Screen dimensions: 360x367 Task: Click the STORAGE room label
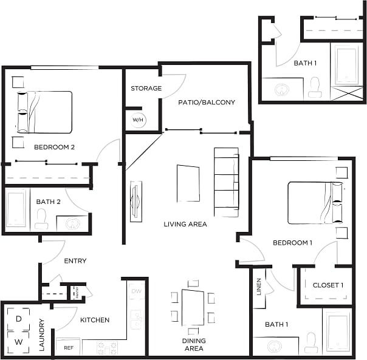[146, 89]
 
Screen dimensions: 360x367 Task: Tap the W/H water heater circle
[138, 120]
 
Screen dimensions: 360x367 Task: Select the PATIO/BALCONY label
[207, 103]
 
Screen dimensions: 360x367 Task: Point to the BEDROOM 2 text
[54, 147]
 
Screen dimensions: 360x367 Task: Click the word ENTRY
[75, 261]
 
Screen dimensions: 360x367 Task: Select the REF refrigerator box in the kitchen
[68, 348]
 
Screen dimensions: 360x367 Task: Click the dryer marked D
[18, 319]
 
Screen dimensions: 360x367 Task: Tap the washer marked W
[18, 342]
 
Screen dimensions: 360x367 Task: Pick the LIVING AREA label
[185, 225]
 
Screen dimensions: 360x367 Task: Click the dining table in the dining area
[193, 308]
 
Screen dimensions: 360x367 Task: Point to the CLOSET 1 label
[328, 285]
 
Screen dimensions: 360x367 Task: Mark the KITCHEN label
[95, 320]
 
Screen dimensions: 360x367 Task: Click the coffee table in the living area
[188, 183]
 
